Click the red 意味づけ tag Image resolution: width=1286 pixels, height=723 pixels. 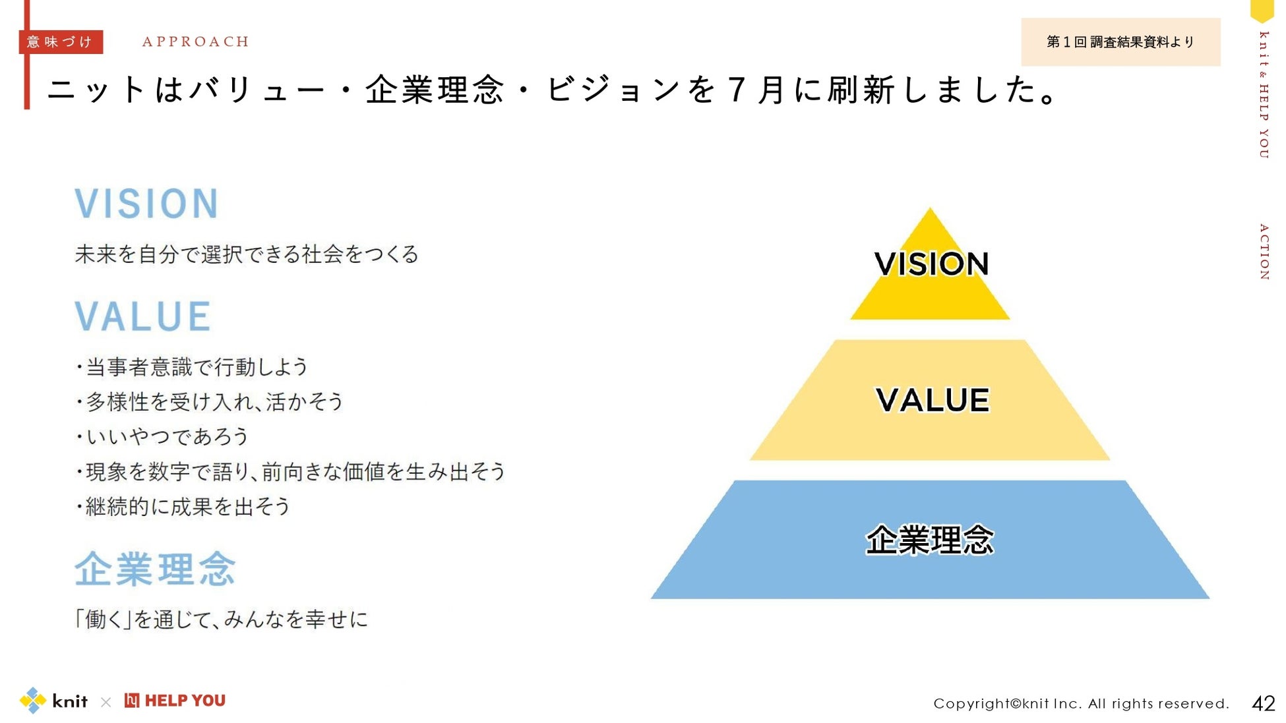pos(60,42)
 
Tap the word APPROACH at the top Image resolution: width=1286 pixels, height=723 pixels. pos(196,42)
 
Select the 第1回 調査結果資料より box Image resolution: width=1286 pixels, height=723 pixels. pos(1120,42)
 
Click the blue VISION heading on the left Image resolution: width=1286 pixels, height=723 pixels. pos(146,204)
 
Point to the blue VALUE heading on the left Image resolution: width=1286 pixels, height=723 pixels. pos(143,316)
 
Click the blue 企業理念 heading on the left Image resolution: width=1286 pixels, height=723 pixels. pos(155,569)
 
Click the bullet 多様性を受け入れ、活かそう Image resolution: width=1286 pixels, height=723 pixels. pos(210,402)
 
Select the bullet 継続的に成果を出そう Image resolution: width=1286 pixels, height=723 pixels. pos(183,507)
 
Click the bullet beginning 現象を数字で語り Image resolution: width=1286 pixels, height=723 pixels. pos(291,472)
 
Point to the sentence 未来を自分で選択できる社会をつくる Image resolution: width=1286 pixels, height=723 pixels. pos(247,254)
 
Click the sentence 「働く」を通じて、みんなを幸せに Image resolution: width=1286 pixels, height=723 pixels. pos(221,620)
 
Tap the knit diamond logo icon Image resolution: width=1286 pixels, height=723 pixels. pos(32,701)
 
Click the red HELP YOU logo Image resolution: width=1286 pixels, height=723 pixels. pos(175,701)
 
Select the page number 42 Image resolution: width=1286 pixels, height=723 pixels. pos(1263,704)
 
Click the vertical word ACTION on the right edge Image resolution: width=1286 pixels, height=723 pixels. pos(1264,252)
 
